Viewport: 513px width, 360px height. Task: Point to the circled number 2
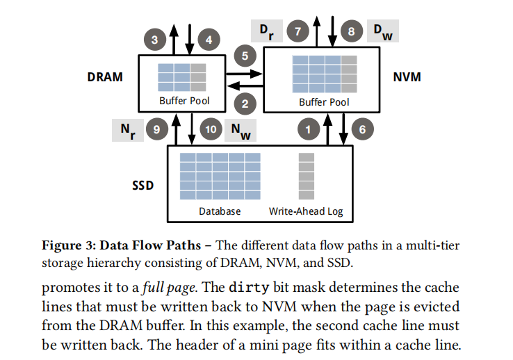click(245, 104)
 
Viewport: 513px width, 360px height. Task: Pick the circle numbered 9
click(157, 129)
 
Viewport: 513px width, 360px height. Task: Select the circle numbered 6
click(362, 129)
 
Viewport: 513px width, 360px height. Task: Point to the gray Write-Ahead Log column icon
click(307, 175)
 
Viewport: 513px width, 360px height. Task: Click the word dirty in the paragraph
click(248, 288)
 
